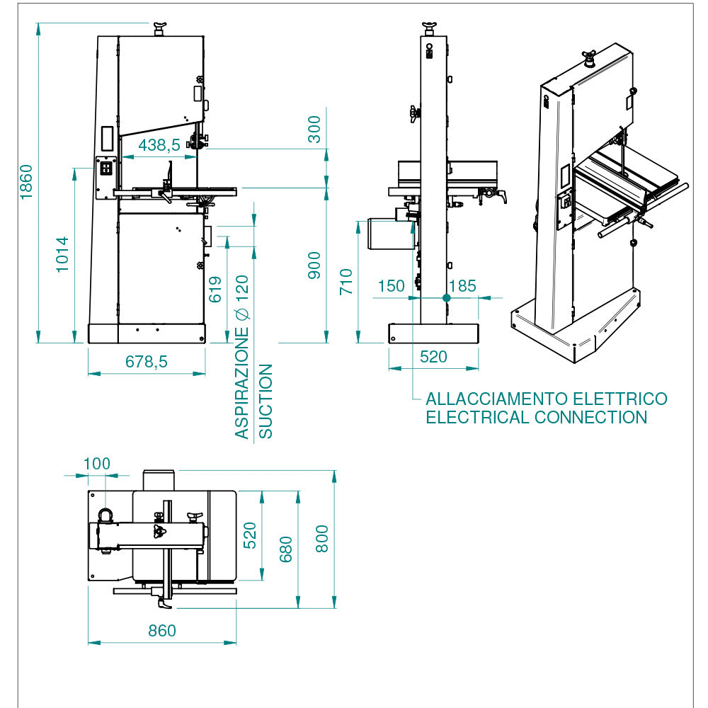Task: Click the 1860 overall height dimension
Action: point(26,182)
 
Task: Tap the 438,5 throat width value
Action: point(159,145)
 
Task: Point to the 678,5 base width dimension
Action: point(147,361)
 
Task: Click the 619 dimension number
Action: point(216,289)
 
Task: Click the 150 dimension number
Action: point(391,286)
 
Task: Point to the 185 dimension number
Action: point(462,286)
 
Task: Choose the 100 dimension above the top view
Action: point(97,464)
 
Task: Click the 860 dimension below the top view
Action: point(162,630)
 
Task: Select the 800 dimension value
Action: point(322,539)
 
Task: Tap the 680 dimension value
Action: point(286,548)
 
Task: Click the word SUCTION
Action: point(265,401)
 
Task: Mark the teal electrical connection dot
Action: point(446,298)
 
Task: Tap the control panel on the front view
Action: point(106,169)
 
